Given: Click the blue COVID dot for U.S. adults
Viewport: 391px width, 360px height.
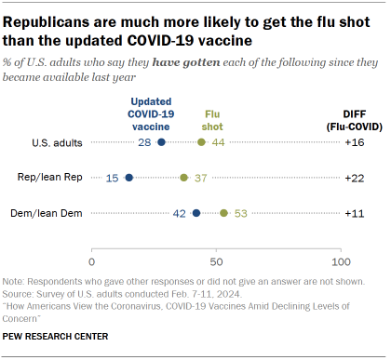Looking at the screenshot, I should click(x=162, y=142).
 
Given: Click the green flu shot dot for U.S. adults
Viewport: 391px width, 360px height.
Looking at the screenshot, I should click(x=202, y=142).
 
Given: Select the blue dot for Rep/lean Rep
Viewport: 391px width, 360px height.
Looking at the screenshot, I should click(x=129, y=177).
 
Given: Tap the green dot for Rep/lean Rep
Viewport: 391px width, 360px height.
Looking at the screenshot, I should click(x=184, y=177).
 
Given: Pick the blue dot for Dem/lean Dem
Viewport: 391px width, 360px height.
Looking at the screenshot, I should click(x=196, y=212).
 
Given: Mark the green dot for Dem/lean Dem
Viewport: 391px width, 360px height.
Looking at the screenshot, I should click(x=224, y=212).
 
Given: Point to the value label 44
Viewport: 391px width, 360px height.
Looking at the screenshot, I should click(x=218, y=142).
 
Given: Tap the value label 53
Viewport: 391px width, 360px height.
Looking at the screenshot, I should click(x=240, y=212).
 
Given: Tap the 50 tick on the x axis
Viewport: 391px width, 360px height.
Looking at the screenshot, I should click(x=216, y=252).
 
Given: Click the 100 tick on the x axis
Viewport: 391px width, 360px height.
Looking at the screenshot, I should click(x=341, y=252).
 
